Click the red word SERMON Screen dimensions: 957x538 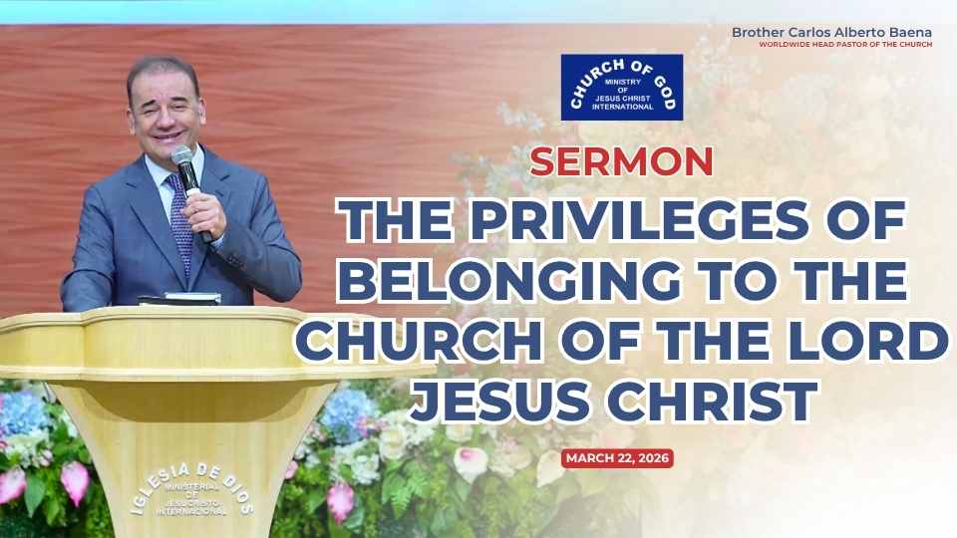click(x=621, y=161)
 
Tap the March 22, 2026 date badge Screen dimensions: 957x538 click(x=617, y=458)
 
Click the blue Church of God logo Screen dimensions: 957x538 click(x=622, y=88)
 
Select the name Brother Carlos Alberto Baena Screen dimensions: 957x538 click(x=831, y=32)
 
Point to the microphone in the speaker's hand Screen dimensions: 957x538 click(x=190, y=183)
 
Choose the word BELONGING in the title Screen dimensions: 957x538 click(x=509, y=281)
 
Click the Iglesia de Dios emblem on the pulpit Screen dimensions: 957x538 click(x=191, y=490)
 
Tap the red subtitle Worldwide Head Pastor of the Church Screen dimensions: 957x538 click(x=845, y=45)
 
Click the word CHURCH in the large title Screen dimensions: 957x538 click(x=420, y=341)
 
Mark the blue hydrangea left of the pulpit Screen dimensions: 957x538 click(x=21, y=414)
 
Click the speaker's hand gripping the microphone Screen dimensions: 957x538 click(x=203, y=213)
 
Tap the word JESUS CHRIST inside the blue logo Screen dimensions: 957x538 click(x=622, y=99)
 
